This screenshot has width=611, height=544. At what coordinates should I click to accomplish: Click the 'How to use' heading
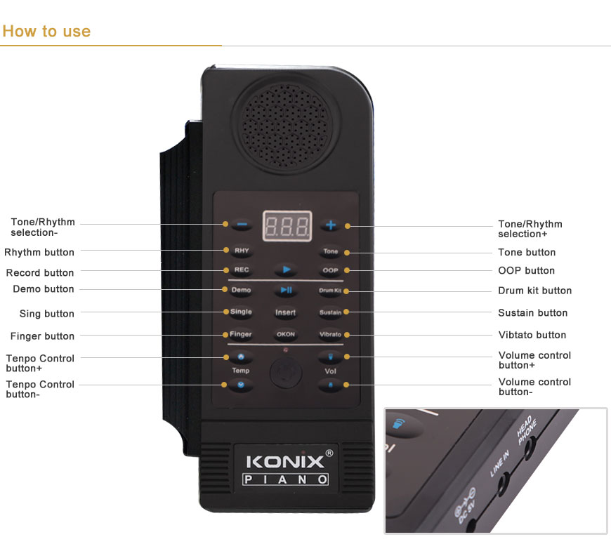point(46,31)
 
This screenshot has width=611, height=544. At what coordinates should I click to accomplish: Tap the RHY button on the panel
point(242,251)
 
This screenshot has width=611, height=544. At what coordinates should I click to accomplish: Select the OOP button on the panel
point(330,270)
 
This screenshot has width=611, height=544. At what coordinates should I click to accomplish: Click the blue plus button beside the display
point(331,225)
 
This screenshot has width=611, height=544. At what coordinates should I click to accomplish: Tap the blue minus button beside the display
point(242,225)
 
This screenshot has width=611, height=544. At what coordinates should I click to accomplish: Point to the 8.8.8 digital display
point(287,226)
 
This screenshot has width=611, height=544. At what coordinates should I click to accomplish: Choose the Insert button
point(286,312)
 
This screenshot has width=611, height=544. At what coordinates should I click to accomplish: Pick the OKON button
point(286,335)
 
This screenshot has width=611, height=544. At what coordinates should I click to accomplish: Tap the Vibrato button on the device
point(330,335)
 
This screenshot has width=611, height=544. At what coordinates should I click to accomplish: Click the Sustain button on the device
point(330,312)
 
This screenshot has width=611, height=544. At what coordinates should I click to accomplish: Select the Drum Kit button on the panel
point(330,291)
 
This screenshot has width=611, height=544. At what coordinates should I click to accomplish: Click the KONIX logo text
point(285,462)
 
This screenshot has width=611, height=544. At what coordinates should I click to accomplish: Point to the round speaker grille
point(286,126)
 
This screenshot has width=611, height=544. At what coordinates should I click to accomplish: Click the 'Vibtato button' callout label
point(532,335)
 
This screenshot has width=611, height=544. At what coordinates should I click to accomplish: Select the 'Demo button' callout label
point(44,289)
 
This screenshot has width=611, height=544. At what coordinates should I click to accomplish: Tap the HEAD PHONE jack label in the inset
point(527,430)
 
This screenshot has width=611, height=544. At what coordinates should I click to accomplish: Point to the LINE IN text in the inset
point(499,463)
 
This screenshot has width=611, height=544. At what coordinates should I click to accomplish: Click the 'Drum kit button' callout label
point(534,291)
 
